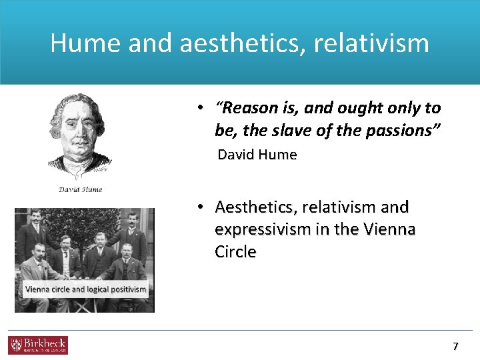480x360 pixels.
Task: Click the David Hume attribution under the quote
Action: pyautogui.click(x=257, y=155)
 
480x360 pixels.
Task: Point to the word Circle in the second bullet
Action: pyautogui.click(x=235, y=251)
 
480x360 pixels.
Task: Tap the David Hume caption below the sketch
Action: pyautogui.click(x=81, y=189)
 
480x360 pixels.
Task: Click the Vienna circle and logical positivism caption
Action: pyautogui.click(x=85, y=289)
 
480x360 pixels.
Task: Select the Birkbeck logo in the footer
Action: pyautogui.click(x=38, y=345)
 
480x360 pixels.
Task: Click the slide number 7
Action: pyautogui.click(x=455, y=346)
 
